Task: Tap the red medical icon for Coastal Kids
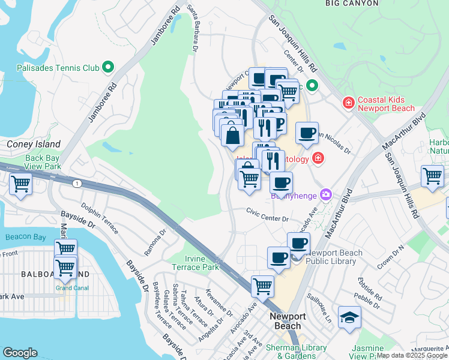tap(348, 104)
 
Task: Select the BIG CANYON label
tap(352, 4)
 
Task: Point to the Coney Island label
tap(34, 144)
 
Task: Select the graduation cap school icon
tap(349, 317)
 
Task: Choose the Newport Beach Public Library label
tap(334, 257)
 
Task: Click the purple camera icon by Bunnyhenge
tap(325, 194)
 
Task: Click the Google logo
tap(20, 353)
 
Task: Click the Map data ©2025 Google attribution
tap(412, 356)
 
